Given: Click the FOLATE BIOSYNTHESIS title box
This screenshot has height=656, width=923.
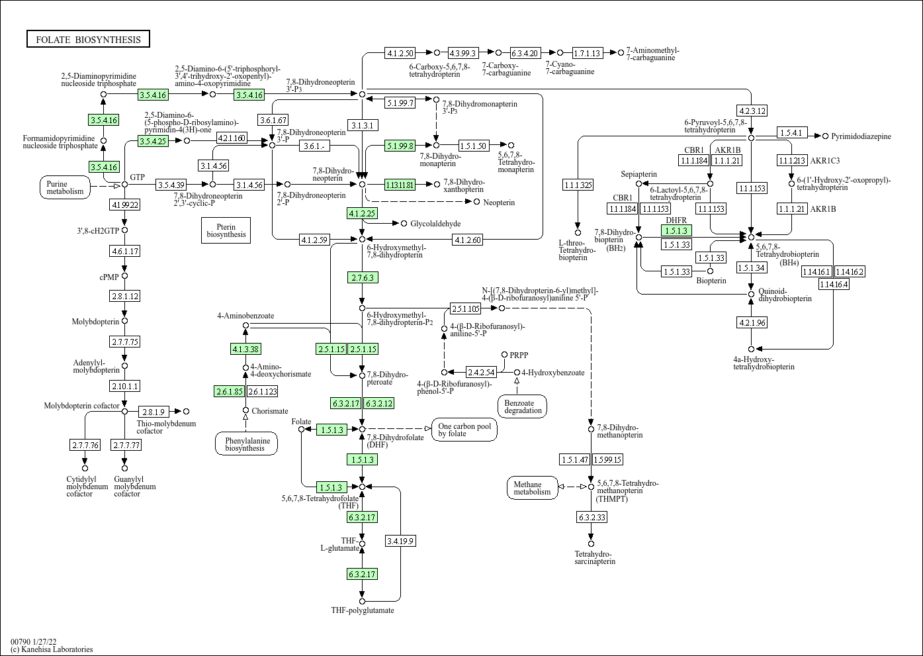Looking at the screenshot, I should tap(88, 40).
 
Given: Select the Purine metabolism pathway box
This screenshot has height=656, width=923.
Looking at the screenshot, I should tap(66, 188).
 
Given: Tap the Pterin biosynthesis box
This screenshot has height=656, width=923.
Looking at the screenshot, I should tap(226, 230).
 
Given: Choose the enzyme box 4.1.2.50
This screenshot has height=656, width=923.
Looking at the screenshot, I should tap(400, 53).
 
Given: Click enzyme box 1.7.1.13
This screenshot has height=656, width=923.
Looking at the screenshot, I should tap(587, 53).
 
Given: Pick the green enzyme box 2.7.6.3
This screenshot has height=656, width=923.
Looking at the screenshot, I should tap(363, 277).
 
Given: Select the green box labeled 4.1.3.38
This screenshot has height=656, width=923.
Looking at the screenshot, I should tap(245, 349).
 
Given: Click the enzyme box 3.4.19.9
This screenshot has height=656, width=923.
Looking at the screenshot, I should tap(400, 541).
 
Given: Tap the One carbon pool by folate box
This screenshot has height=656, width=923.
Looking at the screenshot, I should tap(464, 429).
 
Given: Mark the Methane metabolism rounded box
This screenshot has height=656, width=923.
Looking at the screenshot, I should tap(532, 488).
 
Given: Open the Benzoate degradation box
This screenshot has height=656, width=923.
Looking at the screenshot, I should tap(523, 406).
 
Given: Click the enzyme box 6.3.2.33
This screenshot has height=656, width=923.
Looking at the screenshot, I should tap(591, 517).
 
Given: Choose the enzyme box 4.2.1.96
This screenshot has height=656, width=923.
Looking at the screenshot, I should tap(751, 322).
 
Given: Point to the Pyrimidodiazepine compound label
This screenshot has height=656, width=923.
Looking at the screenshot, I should tap(861, 136).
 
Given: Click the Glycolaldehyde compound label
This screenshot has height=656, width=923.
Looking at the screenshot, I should tap(435, 224).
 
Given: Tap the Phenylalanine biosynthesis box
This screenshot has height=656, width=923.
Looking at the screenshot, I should tap(245, 444).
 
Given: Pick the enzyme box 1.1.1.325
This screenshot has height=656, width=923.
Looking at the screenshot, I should tap(578, 185).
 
